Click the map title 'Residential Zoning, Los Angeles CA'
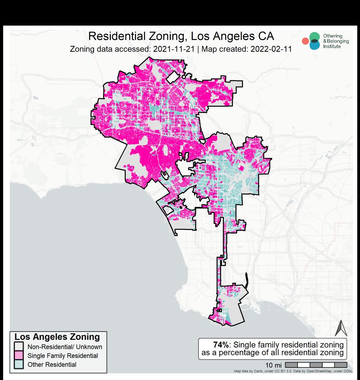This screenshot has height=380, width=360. pos(181,36)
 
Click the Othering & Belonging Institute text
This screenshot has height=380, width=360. pos(333,41)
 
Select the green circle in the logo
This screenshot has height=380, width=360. pos(314,37)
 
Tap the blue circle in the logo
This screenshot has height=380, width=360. pos(314,45)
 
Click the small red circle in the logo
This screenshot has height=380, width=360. pos(305,41)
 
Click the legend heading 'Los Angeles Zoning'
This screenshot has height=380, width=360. pos(57,337)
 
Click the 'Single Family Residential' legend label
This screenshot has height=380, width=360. pos(63,356)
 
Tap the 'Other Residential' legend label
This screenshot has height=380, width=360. pos(52,365)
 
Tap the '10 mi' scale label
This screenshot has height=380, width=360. pos(273,365)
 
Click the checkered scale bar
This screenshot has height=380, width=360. pos(316,365)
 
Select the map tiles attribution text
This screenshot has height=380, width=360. pos(297,371)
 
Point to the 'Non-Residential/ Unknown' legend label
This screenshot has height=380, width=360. pos(65,347)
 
